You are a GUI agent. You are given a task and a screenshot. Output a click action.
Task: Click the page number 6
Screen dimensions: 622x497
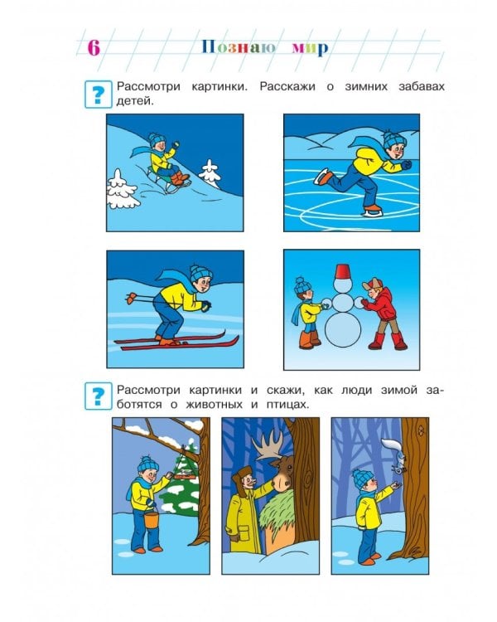94,46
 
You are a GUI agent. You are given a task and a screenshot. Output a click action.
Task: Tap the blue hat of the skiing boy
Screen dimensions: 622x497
199,272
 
